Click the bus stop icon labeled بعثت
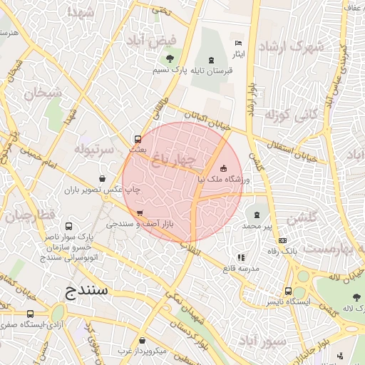[138, 139]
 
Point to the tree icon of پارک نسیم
[170, 59]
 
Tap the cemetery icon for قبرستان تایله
[210, 60]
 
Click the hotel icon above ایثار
[238, 43]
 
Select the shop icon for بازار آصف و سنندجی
[139, 212]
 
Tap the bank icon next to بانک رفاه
[283, 241]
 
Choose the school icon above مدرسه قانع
[241, 257]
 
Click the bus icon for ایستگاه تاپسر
[288, 291]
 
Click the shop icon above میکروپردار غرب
[143, 340]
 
